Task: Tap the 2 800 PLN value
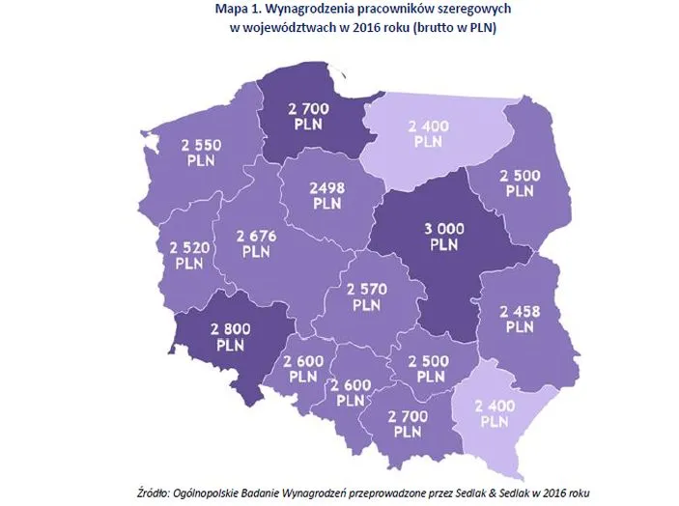(230, 335)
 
